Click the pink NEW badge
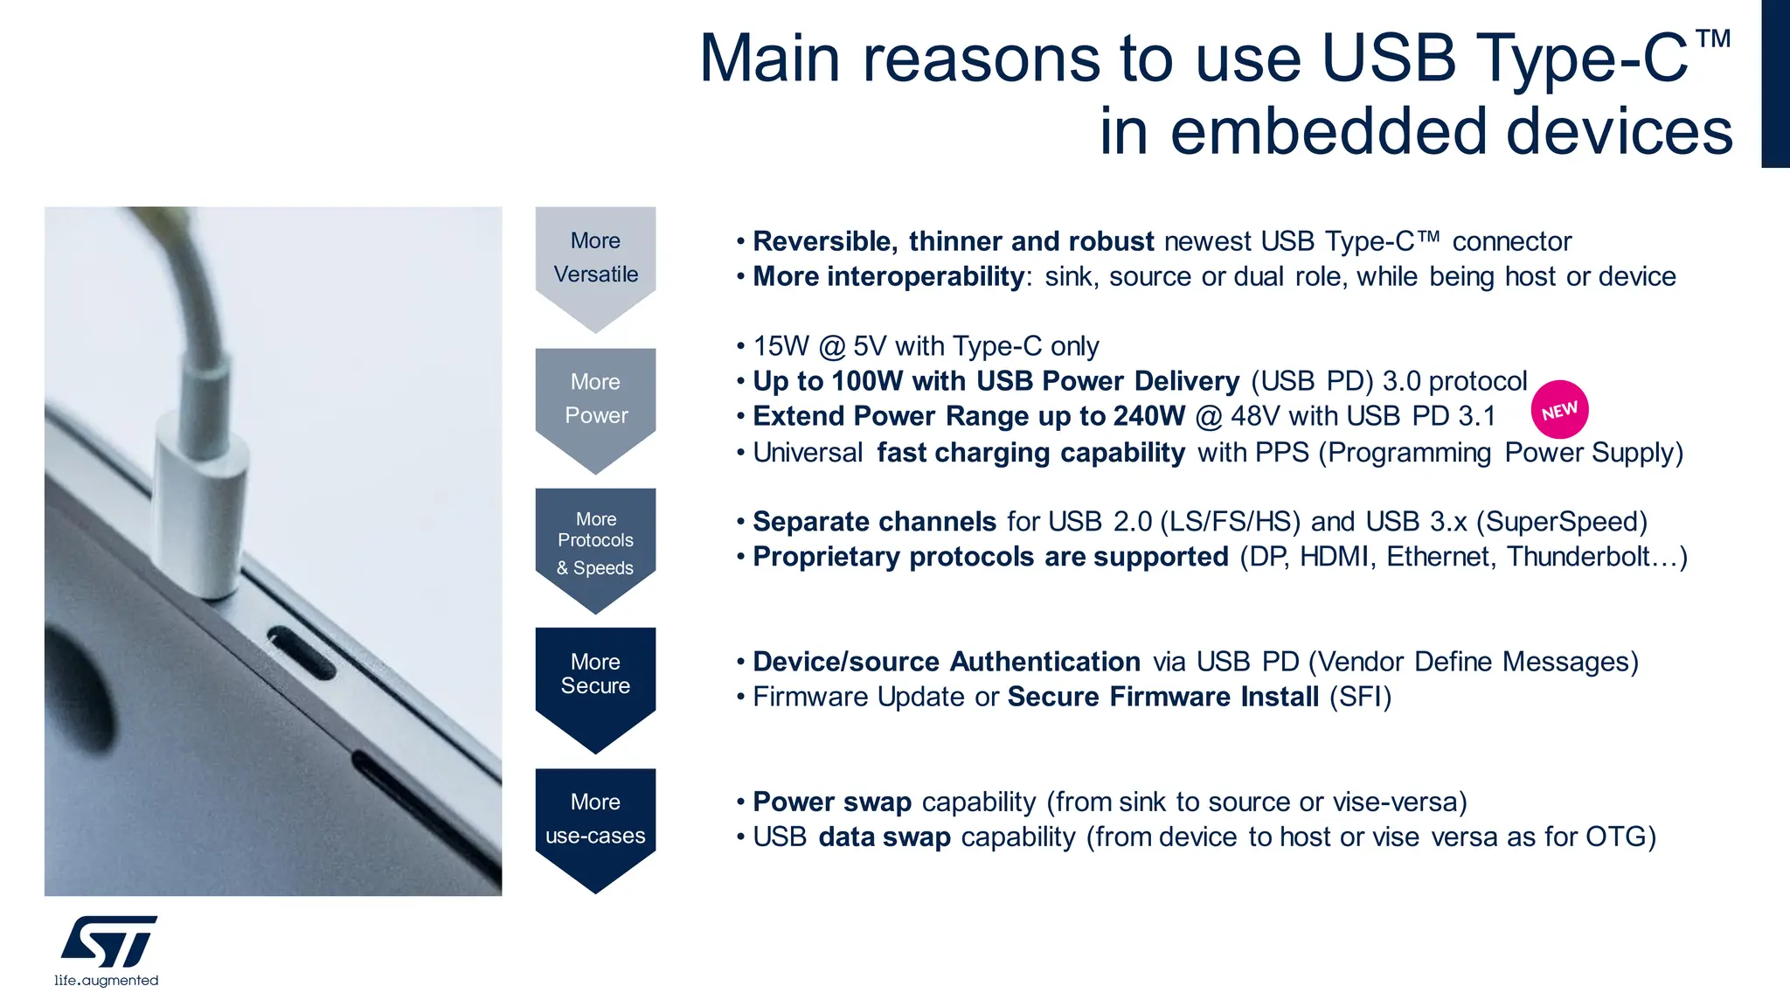[1559, 410]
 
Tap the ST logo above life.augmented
[109, 941]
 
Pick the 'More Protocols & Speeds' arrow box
[595, 544]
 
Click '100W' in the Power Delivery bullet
[867, 381]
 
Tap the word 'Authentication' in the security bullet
[1044, 662]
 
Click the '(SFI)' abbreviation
[1360, 697]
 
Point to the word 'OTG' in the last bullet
[1616, 837]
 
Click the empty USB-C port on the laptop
[301, 652]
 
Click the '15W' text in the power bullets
[781, 346]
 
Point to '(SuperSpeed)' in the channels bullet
[1561, 522]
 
